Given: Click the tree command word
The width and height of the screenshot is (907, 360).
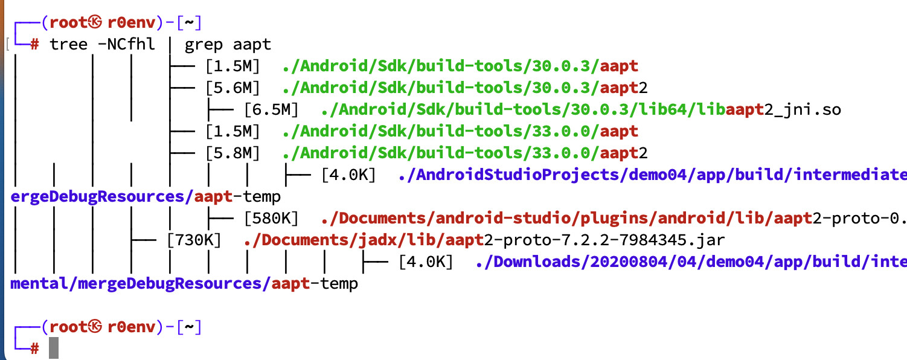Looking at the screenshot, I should click(x=68, y=44).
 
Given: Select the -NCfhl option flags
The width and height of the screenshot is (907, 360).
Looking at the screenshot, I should click(x=126, y=44).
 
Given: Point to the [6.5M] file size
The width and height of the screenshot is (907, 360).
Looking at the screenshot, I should click(x=271, y=109).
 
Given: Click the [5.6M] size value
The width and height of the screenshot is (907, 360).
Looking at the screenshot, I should click(x=232, y=88).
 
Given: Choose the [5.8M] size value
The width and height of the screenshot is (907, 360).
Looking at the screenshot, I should click(x=232, y=153).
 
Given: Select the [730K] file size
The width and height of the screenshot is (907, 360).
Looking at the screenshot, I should click(x=193, y=240).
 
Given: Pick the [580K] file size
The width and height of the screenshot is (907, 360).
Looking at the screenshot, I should click(x=271, y=218).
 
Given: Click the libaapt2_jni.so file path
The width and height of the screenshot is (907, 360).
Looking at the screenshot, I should click(x=580, y=109).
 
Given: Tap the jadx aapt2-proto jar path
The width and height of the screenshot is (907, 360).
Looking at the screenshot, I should click(x=484, y=240).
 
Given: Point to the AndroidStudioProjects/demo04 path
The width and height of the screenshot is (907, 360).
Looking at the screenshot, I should click(x=652, y=175).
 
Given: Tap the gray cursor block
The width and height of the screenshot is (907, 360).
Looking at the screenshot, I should click(x=54, y=349).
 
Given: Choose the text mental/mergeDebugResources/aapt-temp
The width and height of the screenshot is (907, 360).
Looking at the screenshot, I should click(x=184, y=283).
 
